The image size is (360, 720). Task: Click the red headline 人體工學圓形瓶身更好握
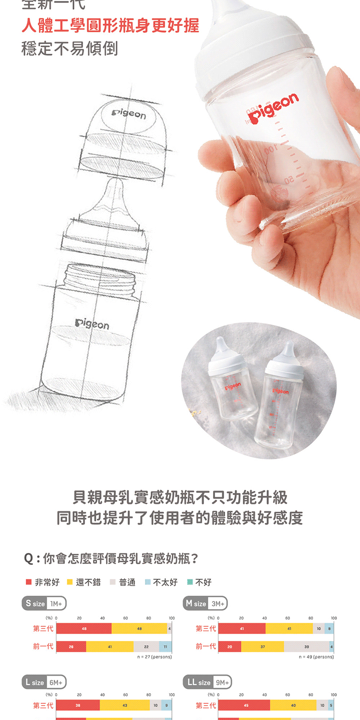pyautogui.click(x=110, y=25)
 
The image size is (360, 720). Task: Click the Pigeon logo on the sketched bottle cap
pyautogui.click(x=128, y=115)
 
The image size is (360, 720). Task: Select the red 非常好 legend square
pyautogui.click(x=29, y=582)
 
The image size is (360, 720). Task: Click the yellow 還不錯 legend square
pyautogui.click(x=70, y=582)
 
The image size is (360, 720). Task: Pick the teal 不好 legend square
pyautogui.click(x=190, y=582)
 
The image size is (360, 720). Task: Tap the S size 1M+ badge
pyautogui.click(x=44, y=603)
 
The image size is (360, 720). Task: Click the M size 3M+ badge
pyautogui.click(x=206, y=603)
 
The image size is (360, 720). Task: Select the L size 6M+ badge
pyautogui.click(x=44, y=682)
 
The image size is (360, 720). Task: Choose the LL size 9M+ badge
pyautogui.click(x=207, y=682)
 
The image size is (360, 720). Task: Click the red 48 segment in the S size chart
pyautogui.click(x=84, y=628)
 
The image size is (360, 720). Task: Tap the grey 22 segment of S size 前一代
pyautogui.click(x=146, y=647)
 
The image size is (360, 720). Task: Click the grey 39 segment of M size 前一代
pyautogui.click(x=306, y=647)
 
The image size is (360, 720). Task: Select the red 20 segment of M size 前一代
pyautogui.click(x=230, y=647)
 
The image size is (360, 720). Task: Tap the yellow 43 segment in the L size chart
pyautogui.click(x=125, y=705)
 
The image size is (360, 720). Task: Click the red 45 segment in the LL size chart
pyautogui.click(x=244, y=705)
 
